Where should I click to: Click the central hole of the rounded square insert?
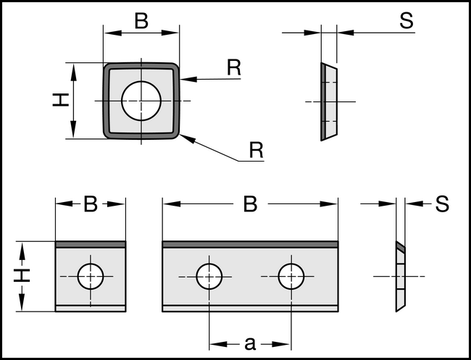[x=141, y=100]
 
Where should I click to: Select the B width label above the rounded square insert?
[x=141, y=21]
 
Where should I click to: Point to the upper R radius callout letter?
[x=233, y=67]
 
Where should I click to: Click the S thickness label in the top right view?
[x=406, y=21]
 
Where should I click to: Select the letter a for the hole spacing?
[x=250, y=343]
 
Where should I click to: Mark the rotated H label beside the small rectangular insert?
[x=24, y=276]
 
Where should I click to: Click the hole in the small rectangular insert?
[x=91, y=276]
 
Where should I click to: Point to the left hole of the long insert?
[x=209, y=276]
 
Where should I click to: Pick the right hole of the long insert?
[x=291, y=276]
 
